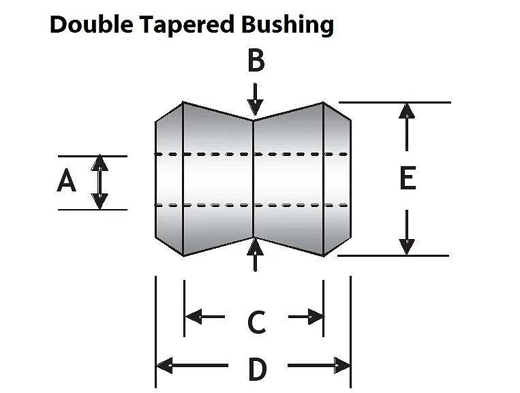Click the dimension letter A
pos(66,182)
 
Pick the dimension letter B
pos(256,61)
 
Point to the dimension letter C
pos(256,322)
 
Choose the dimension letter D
pos(256,370)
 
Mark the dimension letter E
pos(407,179)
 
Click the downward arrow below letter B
pos(255,99)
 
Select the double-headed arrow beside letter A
pos(100,182)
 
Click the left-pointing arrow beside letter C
pos(204,316)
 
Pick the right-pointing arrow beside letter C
pos(306,316)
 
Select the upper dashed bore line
pos(252,155)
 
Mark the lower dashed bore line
pos(252,205)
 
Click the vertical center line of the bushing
pos(254,180)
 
